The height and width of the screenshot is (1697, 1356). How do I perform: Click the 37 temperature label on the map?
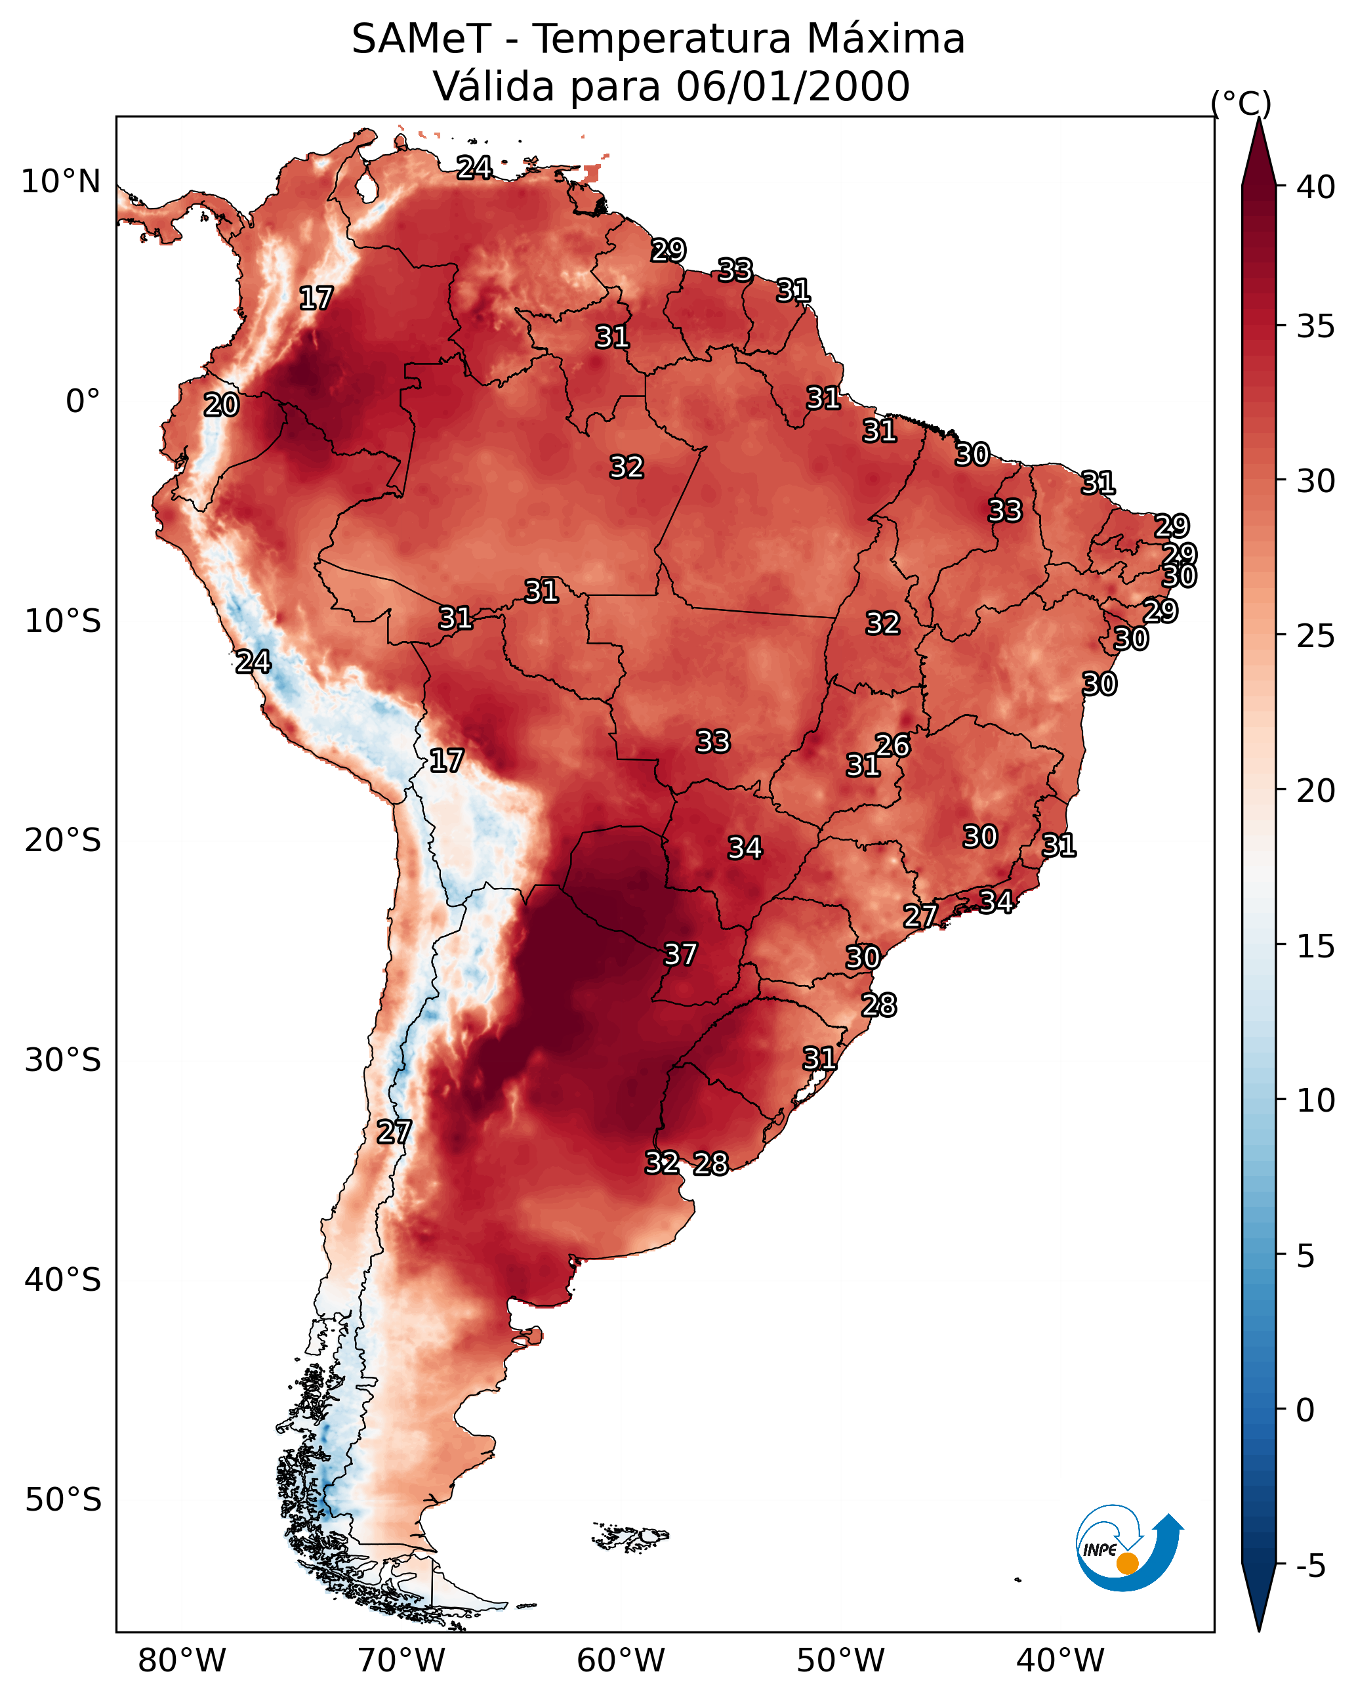click(x=680, y=955)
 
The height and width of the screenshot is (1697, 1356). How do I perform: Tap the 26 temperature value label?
click(x=892, y=745)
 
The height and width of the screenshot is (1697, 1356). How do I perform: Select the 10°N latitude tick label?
click(x=60, y=182)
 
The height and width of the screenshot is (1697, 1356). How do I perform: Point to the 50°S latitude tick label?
click(x=63, y=1500)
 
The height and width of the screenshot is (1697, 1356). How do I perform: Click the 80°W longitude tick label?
click(x=182, y=1661)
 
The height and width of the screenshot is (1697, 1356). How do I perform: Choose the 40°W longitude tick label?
click(x=1060, y=1661)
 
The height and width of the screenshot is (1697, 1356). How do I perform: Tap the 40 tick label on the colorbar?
click(x=1316, y=187)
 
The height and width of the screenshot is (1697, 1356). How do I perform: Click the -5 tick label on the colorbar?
click(x=1310, y=1566)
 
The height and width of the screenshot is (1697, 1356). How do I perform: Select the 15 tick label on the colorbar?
click(x=1316, y=946)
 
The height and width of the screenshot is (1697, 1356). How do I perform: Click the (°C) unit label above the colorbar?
click(x=1241, y=103)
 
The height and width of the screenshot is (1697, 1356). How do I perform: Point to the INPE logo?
click(x=1128, y=1548)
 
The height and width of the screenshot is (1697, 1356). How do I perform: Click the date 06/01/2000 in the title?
click(x=792, y=87)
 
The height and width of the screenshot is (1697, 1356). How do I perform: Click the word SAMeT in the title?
click(x=421, y=39)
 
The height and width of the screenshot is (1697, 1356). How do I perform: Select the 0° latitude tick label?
click(x=83, y=402)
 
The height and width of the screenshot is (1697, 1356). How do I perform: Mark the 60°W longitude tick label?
click(x=621, y=1661)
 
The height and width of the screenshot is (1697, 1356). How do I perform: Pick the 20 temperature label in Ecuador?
click(x=221, y=406)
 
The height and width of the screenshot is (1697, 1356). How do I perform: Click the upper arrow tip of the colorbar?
click(x=1258, y=122)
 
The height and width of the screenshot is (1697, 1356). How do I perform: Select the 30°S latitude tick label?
click(x=63, y=1061)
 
